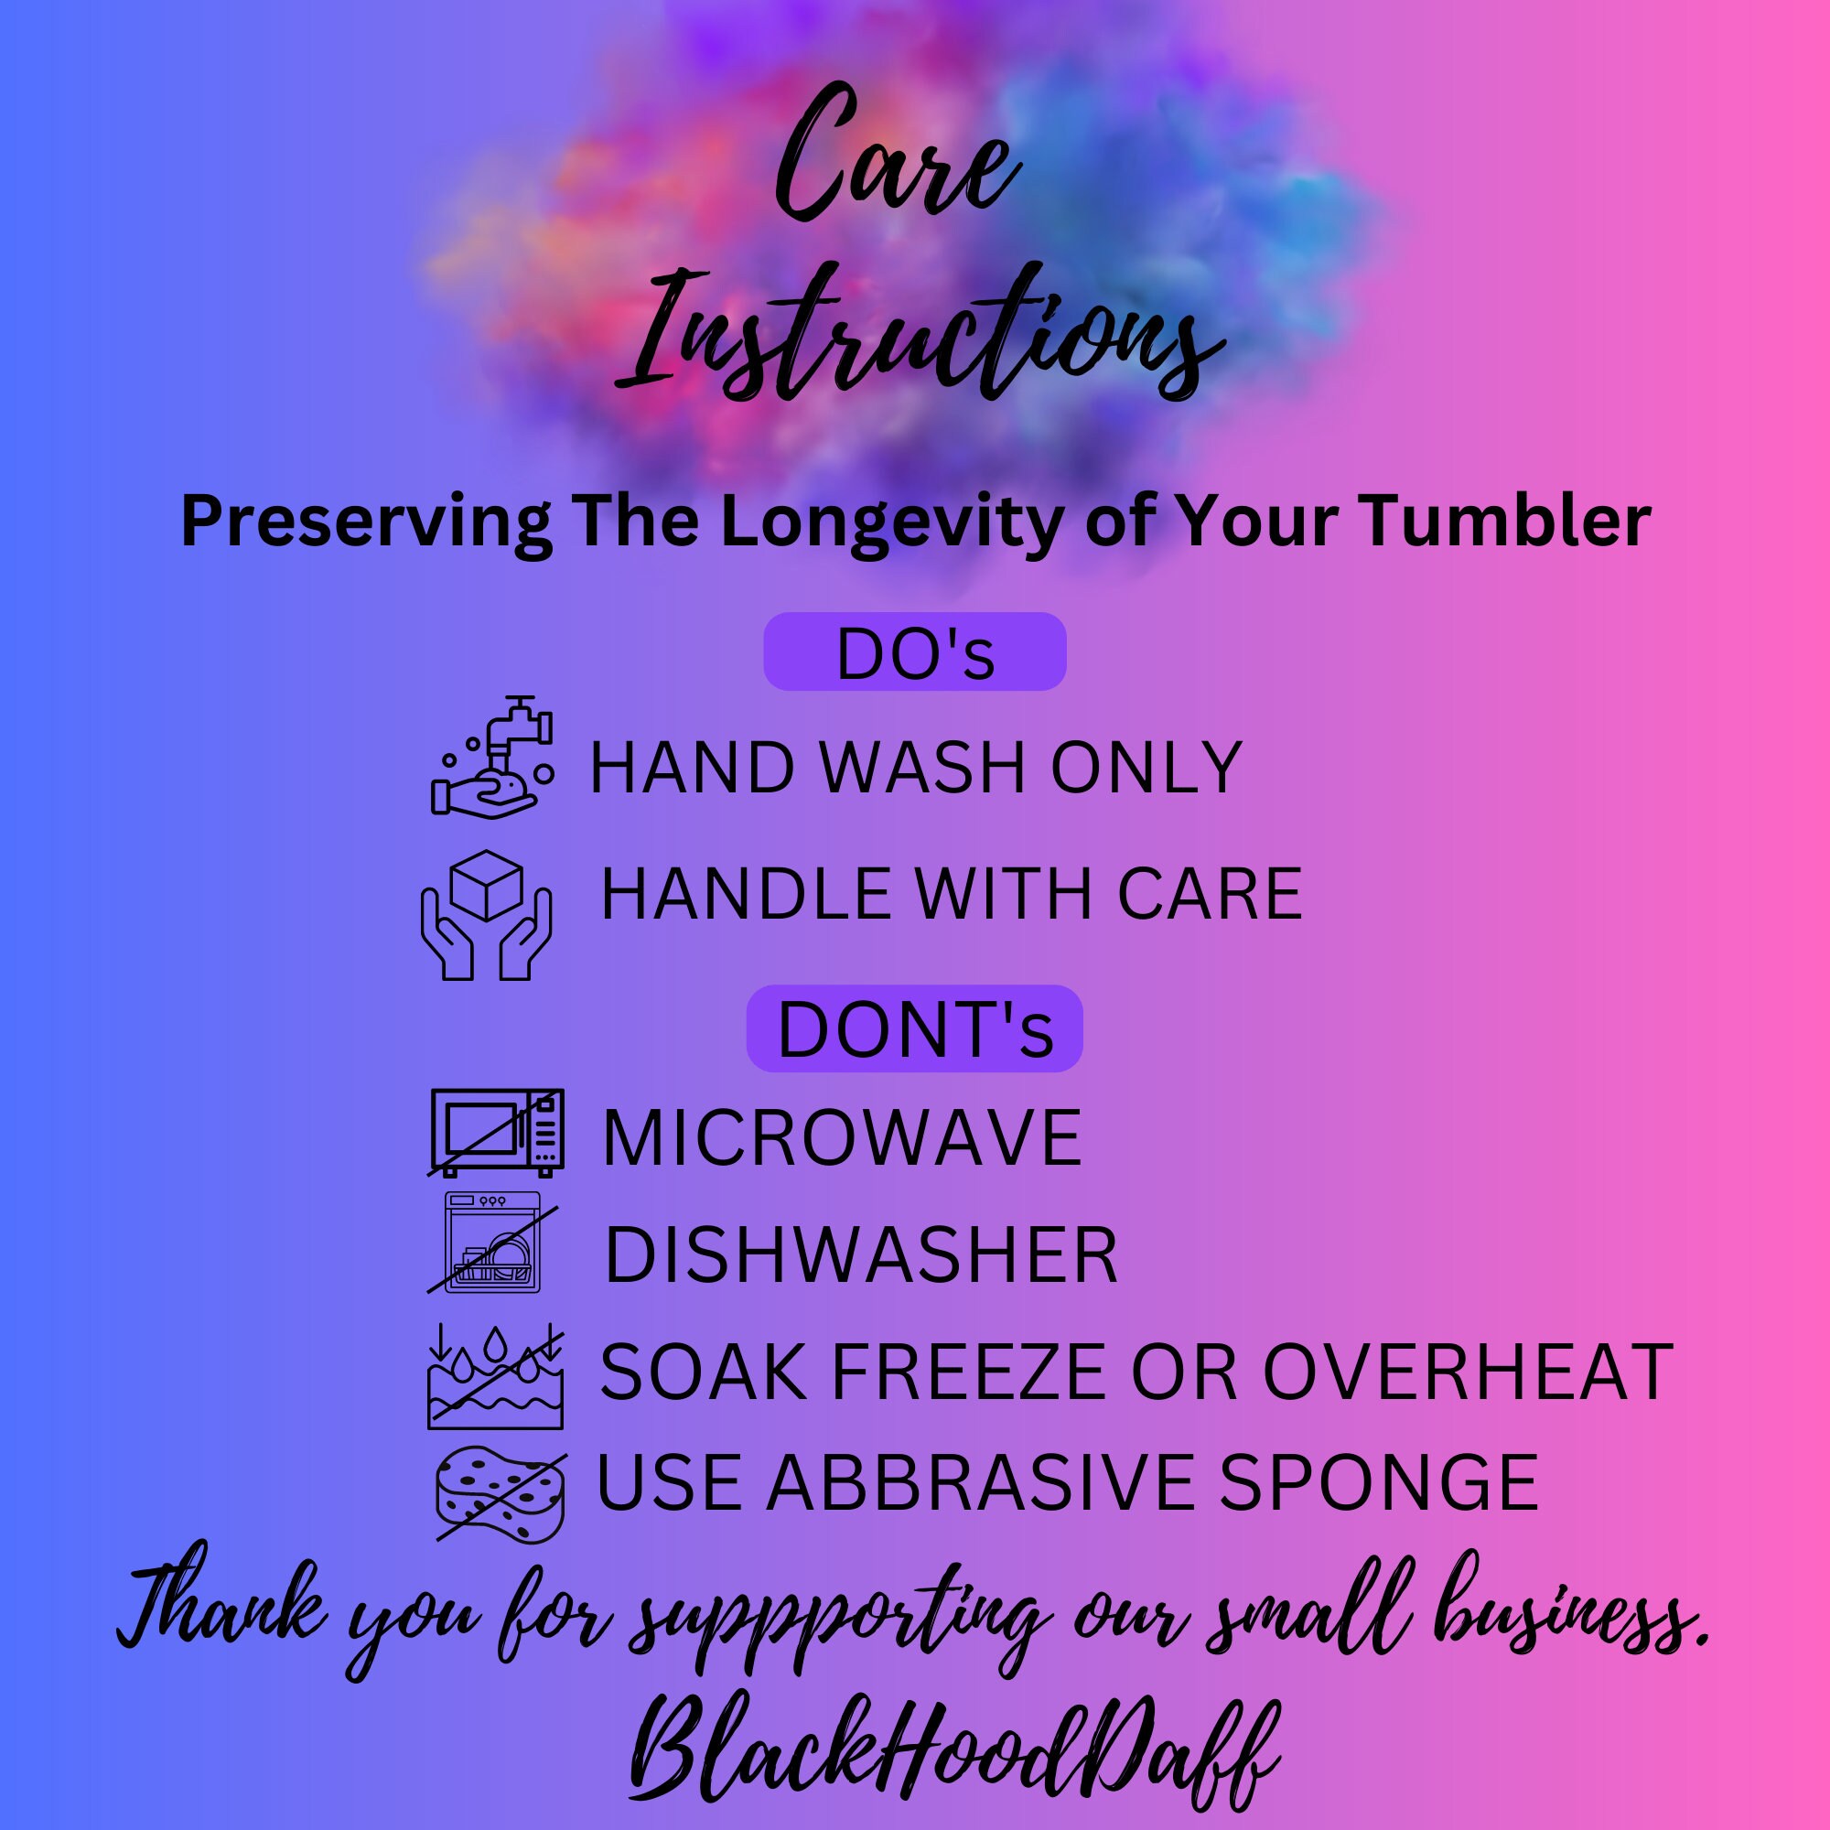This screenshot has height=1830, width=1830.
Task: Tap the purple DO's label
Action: pos(915,652)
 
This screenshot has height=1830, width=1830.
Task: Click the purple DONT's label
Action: pos(914,1028)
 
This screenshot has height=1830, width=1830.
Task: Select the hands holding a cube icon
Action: pos(486,915)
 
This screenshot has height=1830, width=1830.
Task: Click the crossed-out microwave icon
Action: pos(496,1132)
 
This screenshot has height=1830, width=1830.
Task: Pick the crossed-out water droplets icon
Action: pos(495,1376)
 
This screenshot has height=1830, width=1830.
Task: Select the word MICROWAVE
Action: pos(842,1136)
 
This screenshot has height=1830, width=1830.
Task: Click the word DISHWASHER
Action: pos(861,1254)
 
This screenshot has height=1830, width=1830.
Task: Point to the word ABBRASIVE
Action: pos(980,1482)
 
